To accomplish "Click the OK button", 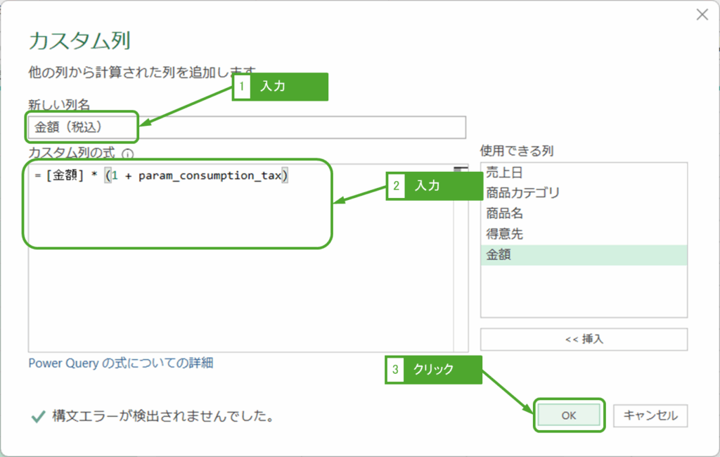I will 568,415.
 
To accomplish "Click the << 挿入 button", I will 584,339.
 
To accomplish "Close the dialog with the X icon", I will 701,15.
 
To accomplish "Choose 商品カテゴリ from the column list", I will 522,192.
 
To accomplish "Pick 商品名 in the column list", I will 504,213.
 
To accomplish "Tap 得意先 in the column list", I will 504,234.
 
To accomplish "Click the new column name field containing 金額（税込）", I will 246,127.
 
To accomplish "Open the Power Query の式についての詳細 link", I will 120,363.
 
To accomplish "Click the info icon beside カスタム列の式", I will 127,153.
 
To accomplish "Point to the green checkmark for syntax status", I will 38,417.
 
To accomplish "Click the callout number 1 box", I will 242,87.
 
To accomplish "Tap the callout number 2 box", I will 396,186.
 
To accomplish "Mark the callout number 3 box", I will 395,369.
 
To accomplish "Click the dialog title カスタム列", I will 79,40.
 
